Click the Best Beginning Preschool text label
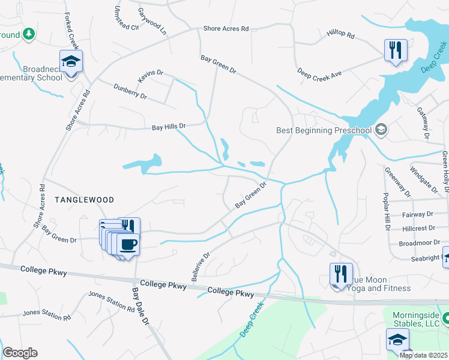(324, 130)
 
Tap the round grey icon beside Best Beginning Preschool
(381, 130)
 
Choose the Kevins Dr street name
(150, 73)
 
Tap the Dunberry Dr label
(130, 91)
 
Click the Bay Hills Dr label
(169, 127)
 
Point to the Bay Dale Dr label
(140, 306)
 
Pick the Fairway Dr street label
(418, 214)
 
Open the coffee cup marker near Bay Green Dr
(128, 245)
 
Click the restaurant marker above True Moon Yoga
(340, 274)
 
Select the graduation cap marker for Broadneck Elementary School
(71, 61)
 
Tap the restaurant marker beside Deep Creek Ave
(396, 50)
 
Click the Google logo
(20, 353)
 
